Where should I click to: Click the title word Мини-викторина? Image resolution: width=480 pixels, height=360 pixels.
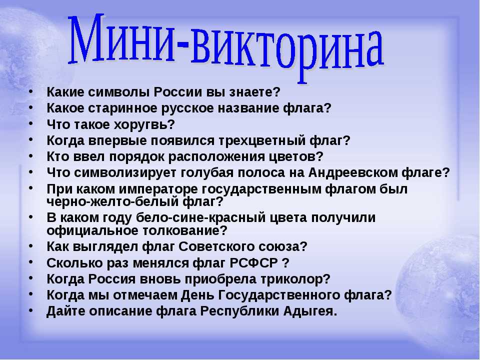click(226, 45)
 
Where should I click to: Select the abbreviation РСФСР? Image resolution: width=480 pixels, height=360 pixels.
click(254, 262)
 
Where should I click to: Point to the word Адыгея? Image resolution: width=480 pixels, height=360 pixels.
click(310, 311)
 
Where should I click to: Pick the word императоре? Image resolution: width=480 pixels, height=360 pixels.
click(158, 189)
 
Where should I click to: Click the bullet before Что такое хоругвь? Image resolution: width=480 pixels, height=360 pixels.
click(31, 123)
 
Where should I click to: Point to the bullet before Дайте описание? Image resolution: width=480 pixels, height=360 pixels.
click(31, 310)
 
